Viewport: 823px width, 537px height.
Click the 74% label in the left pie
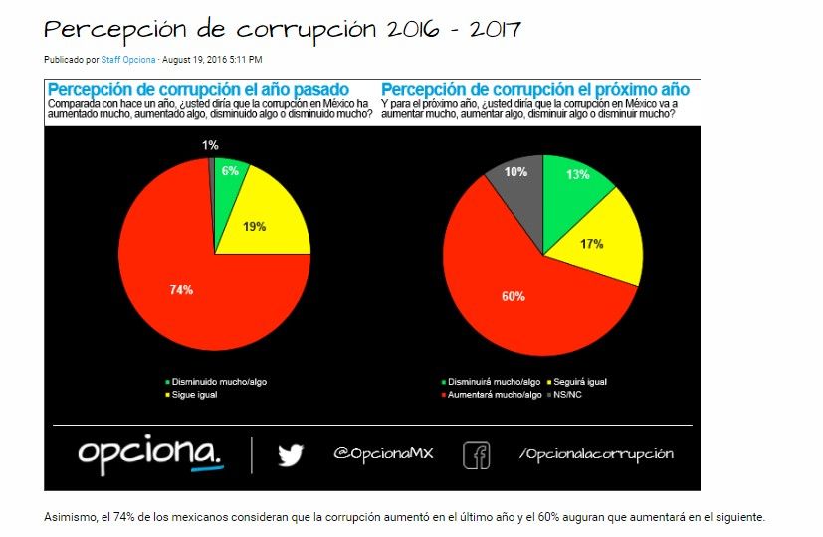[x=181, y=290]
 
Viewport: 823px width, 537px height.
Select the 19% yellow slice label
[x=254, y=226]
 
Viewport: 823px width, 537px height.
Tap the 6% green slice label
[x=230, y=171]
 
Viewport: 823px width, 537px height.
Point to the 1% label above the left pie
[x=210, y=145]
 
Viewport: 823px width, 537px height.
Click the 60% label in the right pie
[x=514, y=296]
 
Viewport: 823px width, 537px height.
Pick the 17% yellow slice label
[x=591, y=243]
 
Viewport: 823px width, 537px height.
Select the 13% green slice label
[x=576, y=175]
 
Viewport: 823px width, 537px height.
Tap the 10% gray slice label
[x=515, y=172]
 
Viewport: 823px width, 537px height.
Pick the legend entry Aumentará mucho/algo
[x=495, y=395]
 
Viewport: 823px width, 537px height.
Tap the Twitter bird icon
[x=290, y=455]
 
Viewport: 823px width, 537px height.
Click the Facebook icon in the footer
[x=477, y=455]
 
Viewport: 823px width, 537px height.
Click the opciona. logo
[x=151, y=454]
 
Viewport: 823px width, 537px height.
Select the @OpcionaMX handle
[x=383, y=454]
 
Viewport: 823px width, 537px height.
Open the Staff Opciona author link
[x=128, y=60]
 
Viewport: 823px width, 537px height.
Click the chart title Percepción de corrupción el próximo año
[x=534, y=90]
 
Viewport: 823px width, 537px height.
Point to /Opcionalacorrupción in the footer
[x=595, y=454]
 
